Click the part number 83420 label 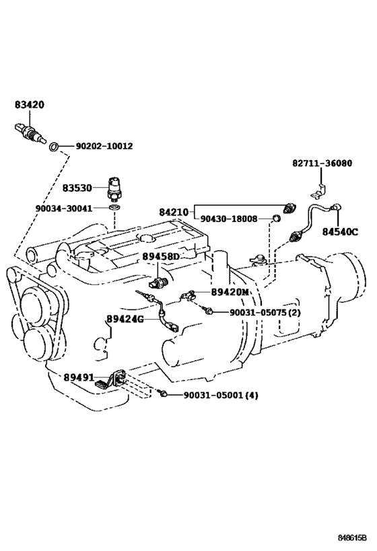click(30, 104)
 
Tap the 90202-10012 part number click(104, 146)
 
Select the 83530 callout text click(77, 188)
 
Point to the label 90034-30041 click(64, 209)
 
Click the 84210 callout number click(174, 212)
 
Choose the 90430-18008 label click(229, 219)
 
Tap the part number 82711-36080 click(322, 163)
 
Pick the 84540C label click(340, 232)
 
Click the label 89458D click(161, 257)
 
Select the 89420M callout click(230, 292)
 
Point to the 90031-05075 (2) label click(265, 312)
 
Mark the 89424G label click(125, 319)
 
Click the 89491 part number click(79, 377)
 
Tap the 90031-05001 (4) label click(221, 396)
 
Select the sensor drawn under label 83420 click(30, 133)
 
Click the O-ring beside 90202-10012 click(53, 147)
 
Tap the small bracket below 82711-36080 click(318, 191)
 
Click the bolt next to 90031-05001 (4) click(162, 394)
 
